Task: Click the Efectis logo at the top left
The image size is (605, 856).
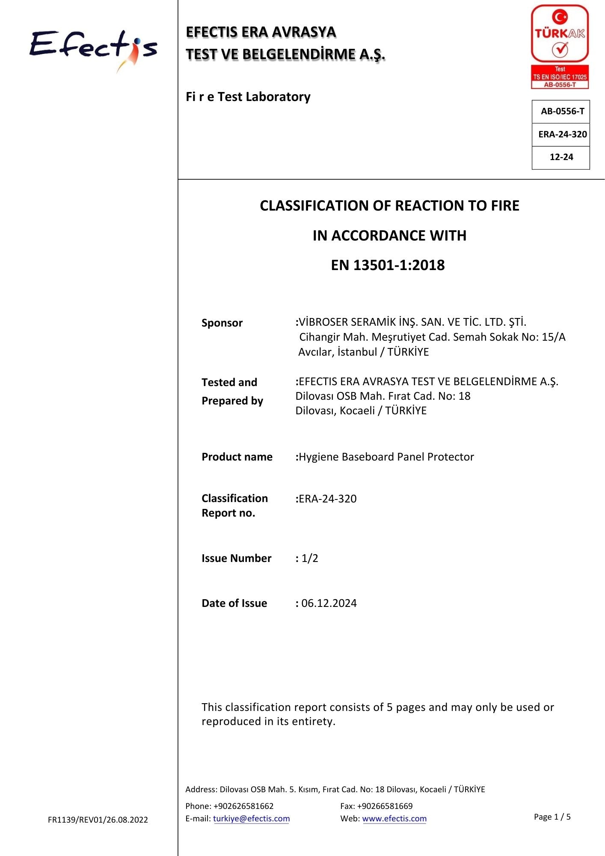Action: (x=93, y=49)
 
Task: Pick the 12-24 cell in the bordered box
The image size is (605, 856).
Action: (x=561, y=157)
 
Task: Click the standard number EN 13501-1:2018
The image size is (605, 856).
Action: (x=388, y=265)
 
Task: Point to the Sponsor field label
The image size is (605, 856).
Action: (x=222, y=323)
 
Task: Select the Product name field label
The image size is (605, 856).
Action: (x=237, y=457)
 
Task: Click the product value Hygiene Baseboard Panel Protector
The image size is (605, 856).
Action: (x=386, y=457)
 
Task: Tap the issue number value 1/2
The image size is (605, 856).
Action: (x=310, y=558)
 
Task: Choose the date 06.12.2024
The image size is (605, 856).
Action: (x=329, y=603)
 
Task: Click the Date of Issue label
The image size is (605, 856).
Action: (x=234, y=603)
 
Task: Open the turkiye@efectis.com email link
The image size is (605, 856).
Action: (x=251, y=819)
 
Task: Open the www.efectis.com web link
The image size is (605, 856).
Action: (x=394, y=819)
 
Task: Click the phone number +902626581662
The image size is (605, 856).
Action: (x=243, y=806)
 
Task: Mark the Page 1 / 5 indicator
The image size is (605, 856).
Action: (x=552, y=817)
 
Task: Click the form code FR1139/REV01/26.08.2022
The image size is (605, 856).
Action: (x=98, y=820)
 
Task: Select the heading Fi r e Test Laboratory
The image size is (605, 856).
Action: (x=248, y=97)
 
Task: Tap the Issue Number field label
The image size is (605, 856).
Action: (x=236, y=558)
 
